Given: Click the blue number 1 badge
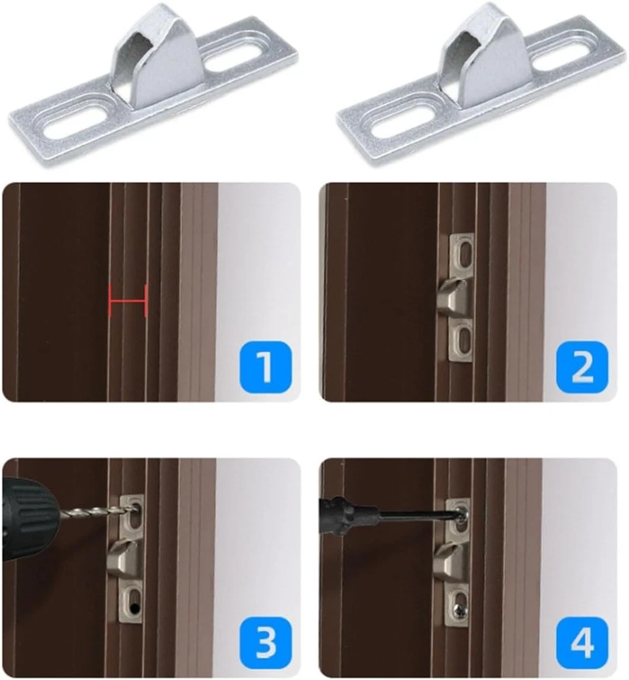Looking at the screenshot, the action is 265,367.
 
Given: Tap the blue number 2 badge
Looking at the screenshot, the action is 582,367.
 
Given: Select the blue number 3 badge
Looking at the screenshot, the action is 265,643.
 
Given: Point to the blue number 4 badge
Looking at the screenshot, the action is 582,643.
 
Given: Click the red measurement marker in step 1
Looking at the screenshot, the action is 128,301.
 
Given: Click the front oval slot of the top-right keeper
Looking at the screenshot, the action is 403,122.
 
